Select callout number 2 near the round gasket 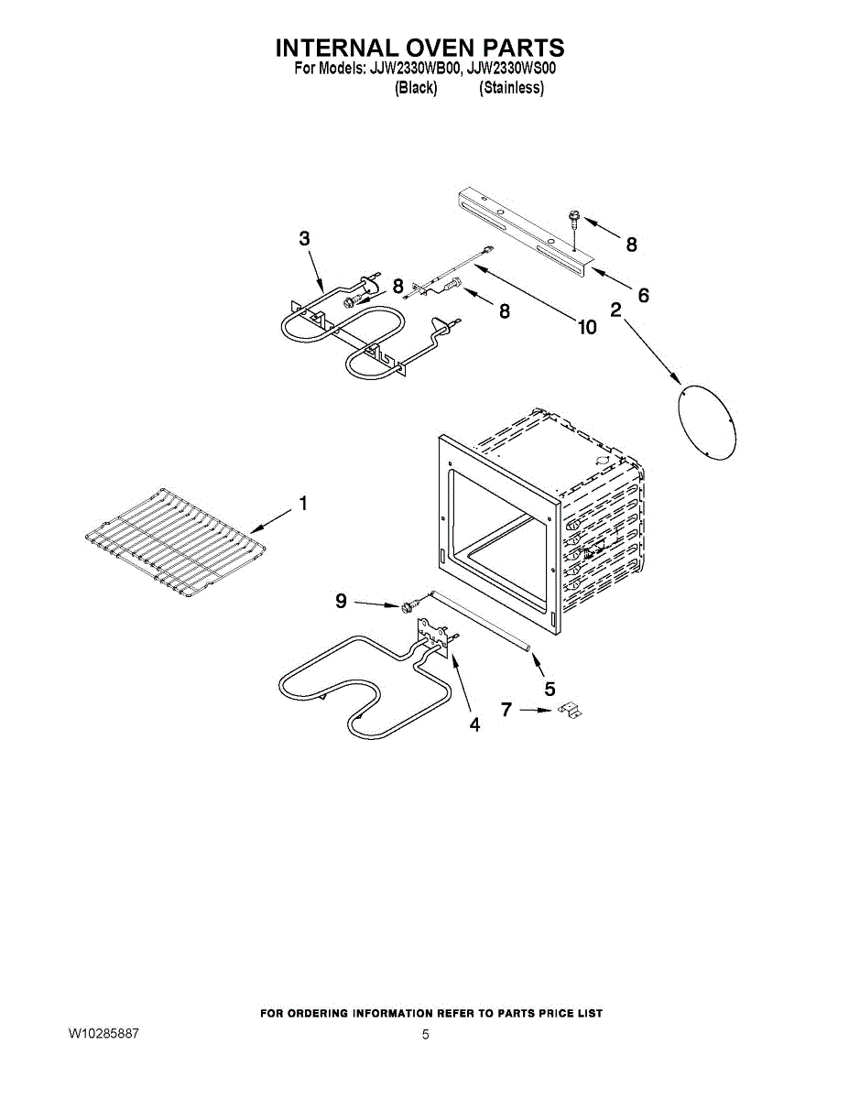coord(615,310)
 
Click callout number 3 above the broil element coord(304,238)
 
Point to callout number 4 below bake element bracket coord(474,724)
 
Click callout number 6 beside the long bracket coord(643,295)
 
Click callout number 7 coord(506,708)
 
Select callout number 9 coord(341,601)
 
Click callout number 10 coord(585,327)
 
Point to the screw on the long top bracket coord(574,219)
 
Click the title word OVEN coord(422,48)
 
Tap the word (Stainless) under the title coord(511,88)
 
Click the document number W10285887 coord(103,1034)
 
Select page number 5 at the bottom coord(425,1035)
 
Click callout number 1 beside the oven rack coord(303,504)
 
